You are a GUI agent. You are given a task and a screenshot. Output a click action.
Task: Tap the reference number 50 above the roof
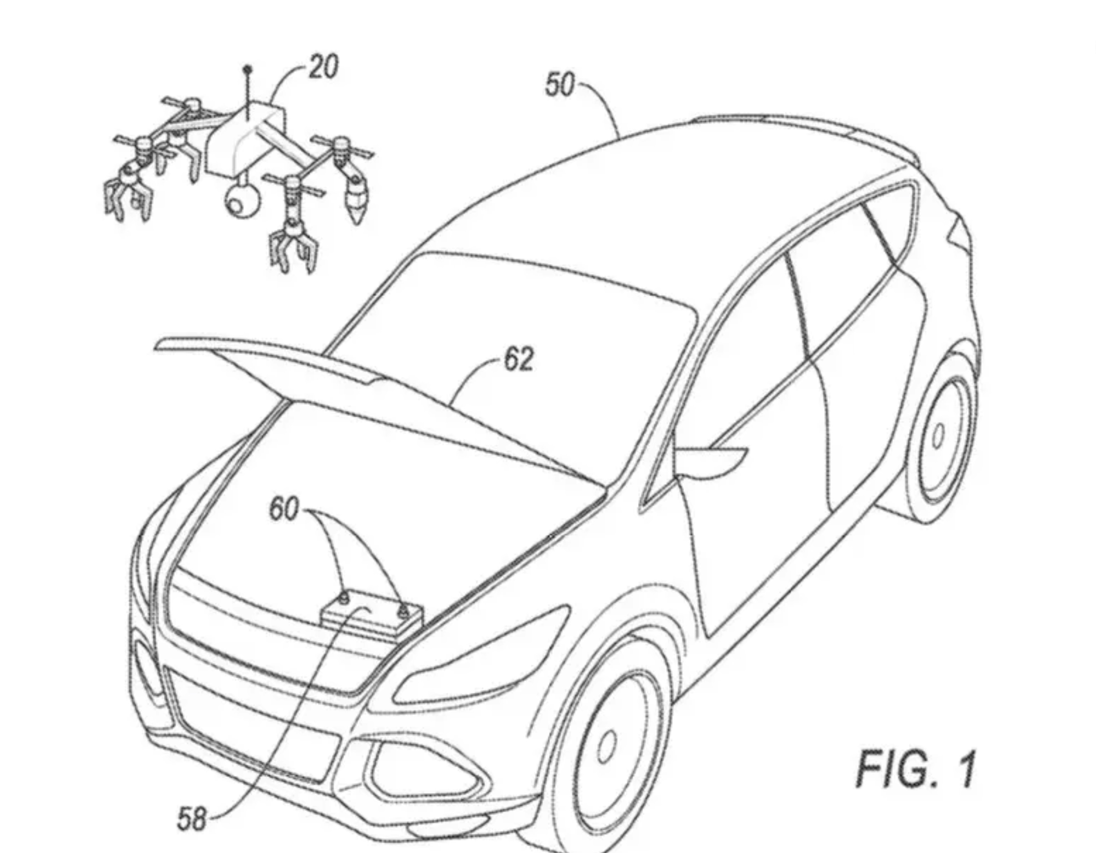pos(559,85)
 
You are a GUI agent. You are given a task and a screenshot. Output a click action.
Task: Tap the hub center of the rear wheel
pos(937,435)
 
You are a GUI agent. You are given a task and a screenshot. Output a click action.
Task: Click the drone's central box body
pos(246,141)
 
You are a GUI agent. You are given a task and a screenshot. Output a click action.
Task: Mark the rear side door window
pos(843,271)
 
